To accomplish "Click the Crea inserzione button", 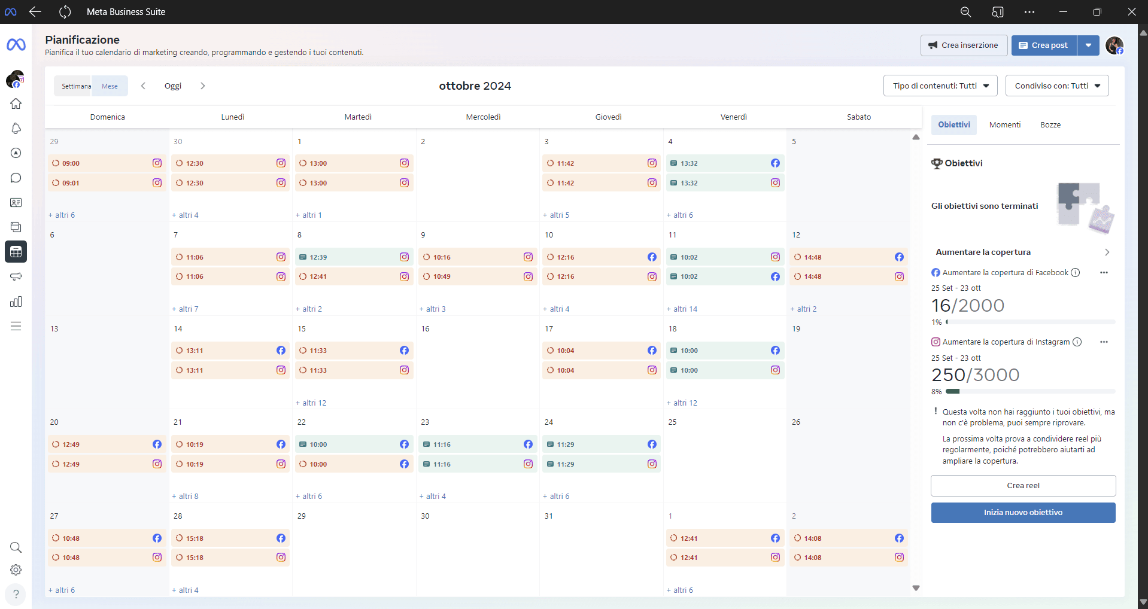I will coord(963,45).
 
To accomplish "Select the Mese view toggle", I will coord(110,86).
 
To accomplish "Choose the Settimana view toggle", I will coord(75,86).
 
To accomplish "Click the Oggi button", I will coord(172,86).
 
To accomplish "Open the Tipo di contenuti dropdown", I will coord(940,86).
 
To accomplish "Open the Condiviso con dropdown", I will coord(1056,86).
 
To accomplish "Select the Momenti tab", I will coord(1004,125).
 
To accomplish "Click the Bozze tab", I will coord(1050,125).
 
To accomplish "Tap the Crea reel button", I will coord(1023,486).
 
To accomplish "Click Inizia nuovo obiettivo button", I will coord(1023,513).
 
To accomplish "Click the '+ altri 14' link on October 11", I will coord(682,309).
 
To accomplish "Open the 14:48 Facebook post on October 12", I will coord(848,257).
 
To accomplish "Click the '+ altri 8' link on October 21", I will coord(186,497).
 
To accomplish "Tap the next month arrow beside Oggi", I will coord(203,86).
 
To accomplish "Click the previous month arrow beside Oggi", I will coord(143,86).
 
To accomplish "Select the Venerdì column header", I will coord(733,117).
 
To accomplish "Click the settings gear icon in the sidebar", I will coord(16,570).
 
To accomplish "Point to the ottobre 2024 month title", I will coord(475,86).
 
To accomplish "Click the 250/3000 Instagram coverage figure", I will coord(975,375).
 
